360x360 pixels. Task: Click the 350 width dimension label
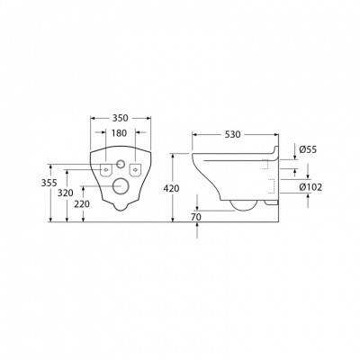tap(120, 118)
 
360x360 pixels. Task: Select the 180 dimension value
tap(120, 133)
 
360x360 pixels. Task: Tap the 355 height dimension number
tap(49, 183)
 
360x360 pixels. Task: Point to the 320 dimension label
tap(66, 193)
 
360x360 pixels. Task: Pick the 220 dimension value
tap(82, 204)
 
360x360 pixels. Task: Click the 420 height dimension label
tap(171, 188)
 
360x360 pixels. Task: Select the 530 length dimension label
tap(233, 135)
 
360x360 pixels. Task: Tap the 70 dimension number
tap(196, 217)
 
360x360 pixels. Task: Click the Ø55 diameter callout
tap(308, 149)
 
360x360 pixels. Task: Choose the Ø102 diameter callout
tap(310, 187)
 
